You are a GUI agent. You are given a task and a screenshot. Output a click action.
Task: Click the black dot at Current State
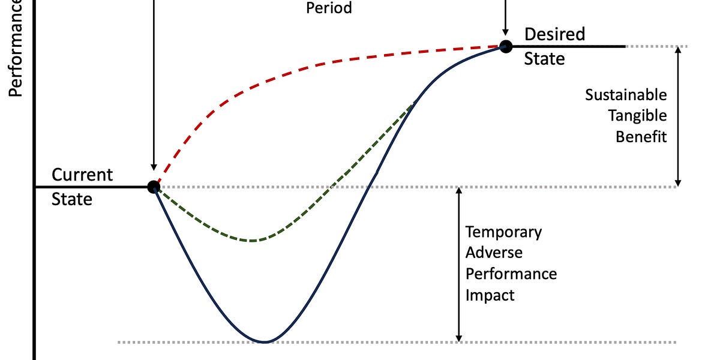(x=154, y=187)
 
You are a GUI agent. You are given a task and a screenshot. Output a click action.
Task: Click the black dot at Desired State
(x=506, y=46)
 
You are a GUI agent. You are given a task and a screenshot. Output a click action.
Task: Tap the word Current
(x=82, y=175)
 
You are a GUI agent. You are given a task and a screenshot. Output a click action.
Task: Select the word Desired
(x=554, y=34)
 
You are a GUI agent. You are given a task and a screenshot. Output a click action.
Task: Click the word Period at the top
(x=329, y=8)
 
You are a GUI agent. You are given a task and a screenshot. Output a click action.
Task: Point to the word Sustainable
(x=626, y=95)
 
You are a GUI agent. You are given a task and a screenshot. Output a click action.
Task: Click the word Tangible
(x=637, y=115)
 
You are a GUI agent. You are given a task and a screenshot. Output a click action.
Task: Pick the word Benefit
(x=641, y=136)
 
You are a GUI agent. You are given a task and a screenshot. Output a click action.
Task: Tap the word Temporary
(x=504, y=232)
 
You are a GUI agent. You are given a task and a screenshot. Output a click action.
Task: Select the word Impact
(x=490, y=295)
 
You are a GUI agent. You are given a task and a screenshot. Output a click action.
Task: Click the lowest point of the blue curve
(x=265, y=342)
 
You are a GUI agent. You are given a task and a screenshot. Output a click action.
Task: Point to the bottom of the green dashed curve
(x=253, y=241)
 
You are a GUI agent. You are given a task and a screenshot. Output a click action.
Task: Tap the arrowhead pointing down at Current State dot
(x=154, y=168)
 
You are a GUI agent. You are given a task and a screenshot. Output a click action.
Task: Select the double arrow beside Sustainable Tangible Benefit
(x=679, y=116)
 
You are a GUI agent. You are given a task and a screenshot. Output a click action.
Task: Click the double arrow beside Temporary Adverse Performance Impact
(x=459, y=264)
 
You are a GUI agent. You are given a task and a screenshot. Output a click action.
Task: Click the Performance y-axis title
(x=16, y=48)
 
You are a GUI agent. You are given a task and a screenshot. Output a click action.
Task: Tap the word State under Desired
(x=544, y=58)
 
